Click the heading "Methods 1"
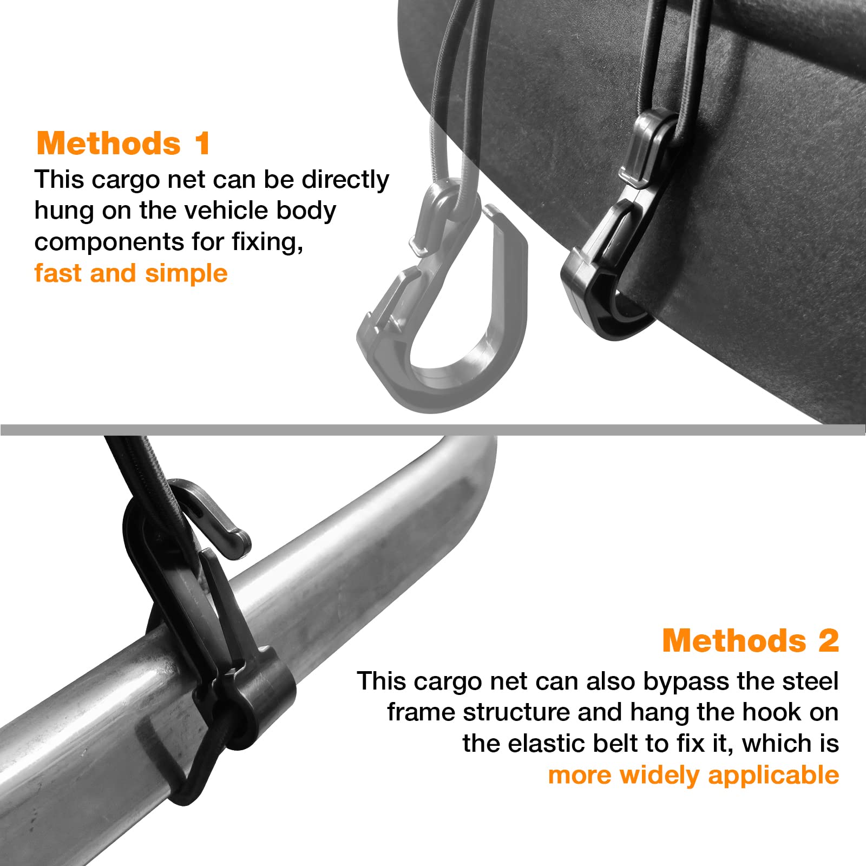123,143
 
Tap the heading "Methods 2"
750,640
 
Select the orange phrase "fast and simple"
130,273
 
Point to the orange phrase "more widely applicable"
693,775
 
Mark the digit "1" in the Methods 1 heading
202,143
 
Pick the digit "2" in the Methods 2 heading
828,640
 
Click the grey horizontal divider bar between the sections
433,430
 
